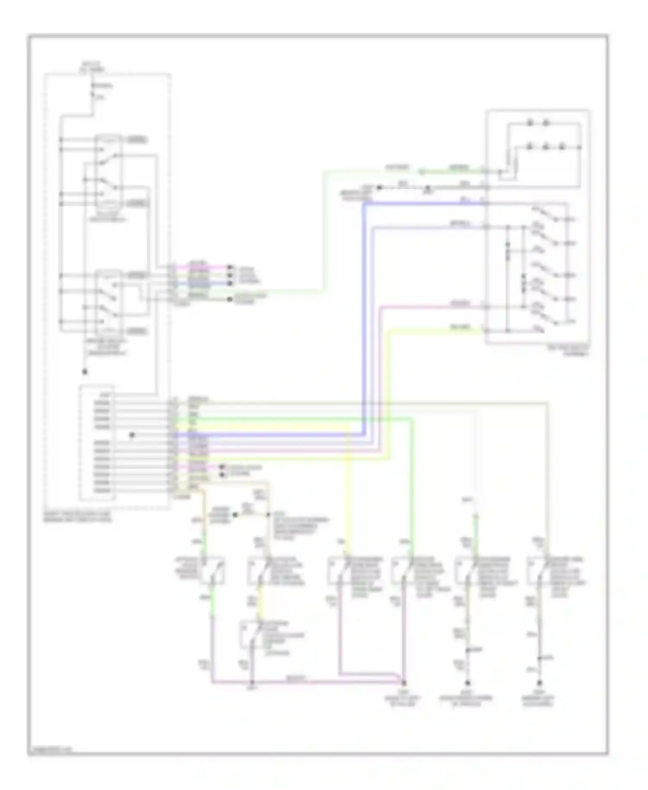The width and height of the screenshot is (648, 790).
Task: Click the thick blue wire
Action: pyautogui.click(x=365, y=320)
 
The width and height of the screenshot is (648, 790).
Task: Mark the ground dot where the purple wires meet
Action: pyautogui.click(x=404, y=683)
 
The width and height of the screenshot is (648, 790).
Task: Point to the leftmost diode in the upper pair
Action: pyautogui.click(x=530, y=124)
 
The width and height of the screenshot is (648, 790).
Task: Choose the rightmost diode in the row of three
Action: pyautogui.click(x=562, y=147)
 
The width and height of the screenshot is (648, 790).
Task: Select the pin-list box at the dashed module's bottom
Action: pyautogui.click(x=97, y=443)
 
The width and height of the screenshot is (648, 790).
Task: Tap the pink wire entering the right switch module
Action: pyautogui.click(x=432, y=307)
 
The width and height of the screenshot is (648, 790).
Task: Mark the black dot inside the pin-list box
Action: pyautogui.click(x=132, y=435)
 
